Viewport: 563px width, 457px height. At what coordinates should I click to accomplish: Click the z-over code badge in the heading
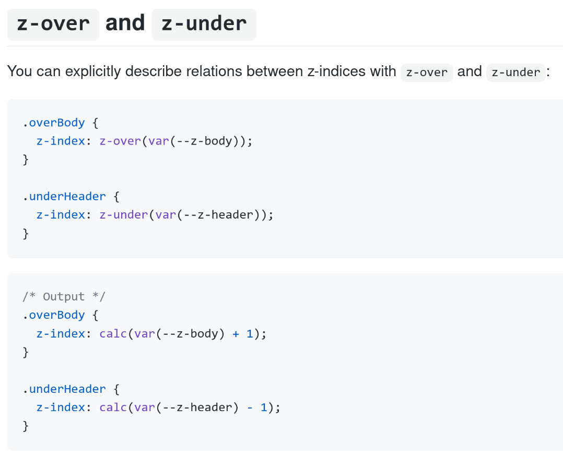coord(53,25)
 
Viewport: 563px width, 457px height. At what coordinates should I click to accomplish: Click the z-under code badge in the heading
coord(204,25)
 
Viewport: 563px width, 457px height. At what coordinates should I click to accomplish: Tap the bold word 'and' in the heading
coord(125,23)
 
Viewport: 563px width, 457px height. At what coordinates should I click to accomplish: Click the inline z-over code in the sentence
coord(427,73)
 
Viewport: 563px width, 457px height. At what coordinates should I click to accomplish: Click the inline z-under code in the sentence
coord(515,73)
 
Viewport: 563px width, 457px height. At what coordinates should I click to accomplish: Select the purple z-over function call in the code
coord(120,141)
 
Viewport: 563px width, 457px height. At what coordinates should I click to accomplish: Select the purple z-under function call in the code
coord(123,215)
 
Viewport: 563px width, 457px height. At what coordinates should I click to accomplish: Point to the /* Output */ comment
coord(64,297)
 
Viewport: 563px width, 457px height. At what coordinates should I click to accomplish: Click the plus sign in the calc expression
coord(236,334)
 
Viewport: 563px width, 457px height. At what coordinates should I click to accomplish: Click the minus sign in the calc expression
coord(250,407)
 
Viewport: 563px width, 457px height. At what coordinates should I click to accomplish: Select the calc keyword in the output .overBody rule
coord(113,334)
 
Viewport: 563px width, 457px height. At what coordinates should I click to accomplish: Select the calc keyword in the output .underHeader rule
coord(113,407)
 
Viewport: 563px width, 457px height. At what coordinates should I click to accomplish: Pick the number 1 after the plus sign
coord(250,334)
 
